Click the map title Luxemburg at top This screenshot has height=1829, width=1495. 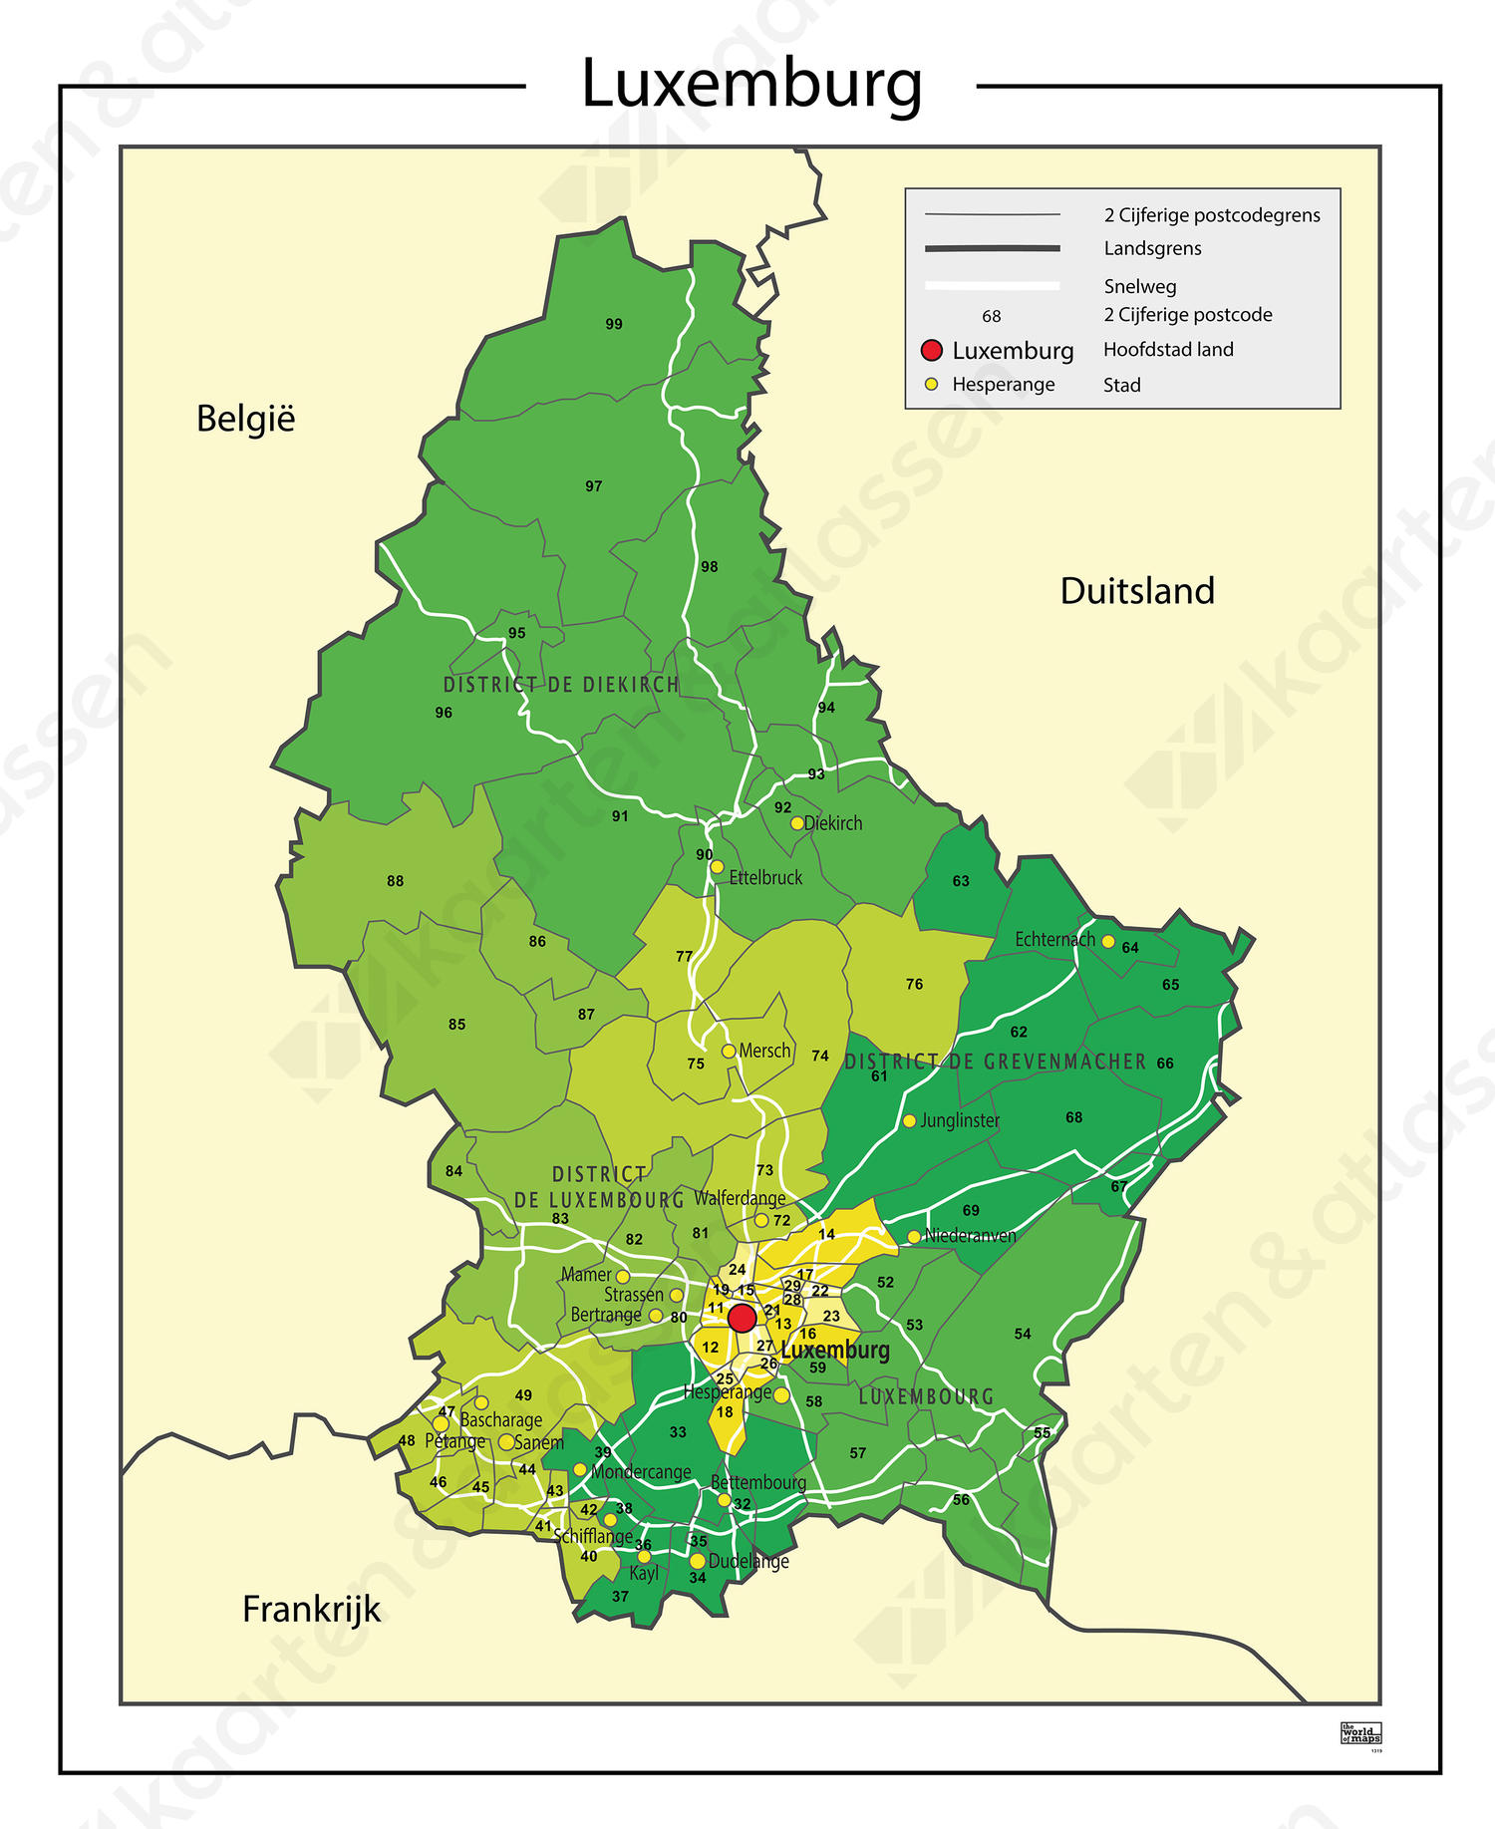coord(751,84)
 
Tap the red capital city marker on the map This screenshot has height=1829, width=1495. coord(742,1318)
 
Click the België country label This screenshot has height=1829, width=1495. coord(245,419)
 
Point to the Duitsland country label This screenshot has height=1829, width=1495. coord(1136,591)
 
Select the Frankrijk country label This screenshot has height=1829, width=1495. coord(311,1609)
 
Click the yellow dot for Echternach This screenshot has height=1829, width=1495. coord(1107,941)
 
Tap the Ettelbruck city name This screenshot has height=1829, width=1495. coord(764,878)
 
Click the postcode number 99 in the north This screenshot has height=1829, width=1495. coord(614,324)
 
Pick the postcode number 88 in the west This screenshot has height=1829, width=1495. coord(396,881)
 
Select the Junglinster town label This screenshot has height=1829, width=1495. coord(959,1120)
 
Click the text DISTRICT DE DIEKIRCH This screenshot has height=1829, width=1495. coord(561,685)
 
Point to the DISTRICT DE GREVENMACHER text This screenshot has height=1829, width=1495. coord(996,1062)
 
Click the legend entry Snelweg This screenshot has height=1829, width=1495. coord(1139,287)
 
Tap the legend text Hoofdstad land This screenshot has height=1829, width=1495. coord(1167,350)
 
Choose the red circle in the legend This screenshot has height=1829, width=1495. coord(932,350)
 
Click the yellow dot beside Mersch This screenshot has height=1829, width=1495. coord(729,1052)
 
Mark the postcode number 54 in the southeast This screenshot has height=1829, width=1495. coord(1023,1334)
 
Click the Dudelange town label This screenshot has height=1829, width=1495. coord(748,1561)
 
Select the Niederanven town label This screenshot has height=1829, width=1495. coord(970,1236)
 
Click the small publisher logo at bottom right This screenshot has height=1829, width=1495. coord(1360,1733)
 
